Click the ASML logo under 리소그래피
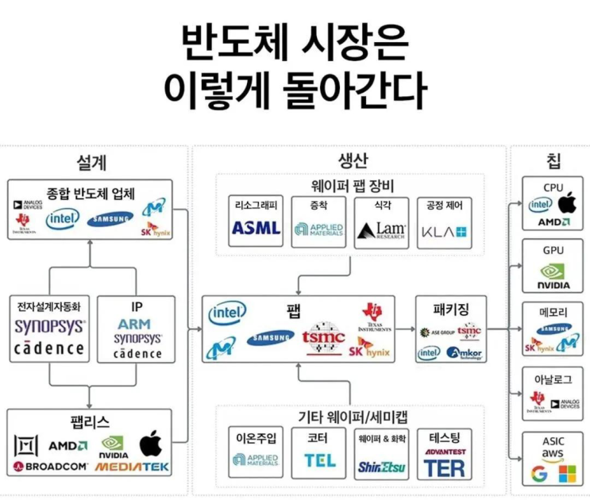point(256,228)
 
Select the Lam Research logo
point(380,230)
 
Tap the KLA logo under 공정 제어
point(444,231)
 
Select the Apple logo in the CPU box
point(565,203)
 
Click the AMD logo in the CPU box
point(553,222)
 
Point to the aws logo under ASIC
point(553,452)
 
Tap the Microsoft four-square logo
point(567,475)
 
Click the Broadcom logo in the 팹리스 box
point(49,467)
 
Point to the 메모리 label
point(553,313)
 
